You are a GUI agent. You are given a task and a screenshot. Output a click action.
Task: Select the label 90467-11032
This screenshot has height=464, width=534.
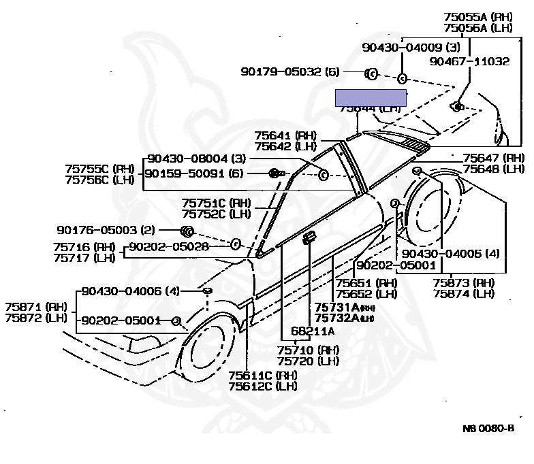point(469,61)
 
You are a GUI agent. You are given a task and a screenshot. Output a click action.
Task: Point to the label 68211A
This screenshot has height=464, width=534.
point(313,331)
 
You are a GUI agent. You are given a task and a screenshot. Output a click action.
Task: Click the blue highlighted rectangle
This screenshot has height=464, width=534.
point(371,98)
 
